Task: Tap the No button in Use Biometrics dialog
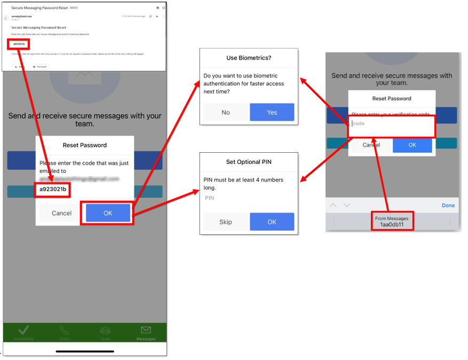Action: (x=226, y=113)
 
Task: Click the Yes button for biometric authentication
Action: (x=272, y=113)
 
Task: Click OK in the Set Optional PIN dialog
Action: (x=272, y=222)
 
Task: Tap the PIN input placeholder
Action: (x=210, y=198)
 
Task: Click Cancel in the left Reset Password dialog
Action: (x=61, y=213)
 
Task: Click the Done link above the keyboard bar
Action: (x=448, y=205)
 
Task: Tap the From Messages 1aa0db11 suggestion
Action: (x=392, y=222)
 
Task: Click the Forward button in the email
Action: (x=39, y=67)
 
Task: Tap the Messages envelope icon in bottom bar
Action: (x=146, y=330)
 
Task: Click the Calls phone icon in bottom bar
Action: (x=65, y=330)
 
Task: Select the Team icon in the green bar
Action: (x=105, y=330)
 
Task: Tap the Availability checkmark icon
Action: (x=23, y=330)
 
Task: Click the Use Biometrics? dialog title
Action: (x=248, y=58)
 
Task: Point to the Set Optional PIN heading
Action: (x=249, y=162)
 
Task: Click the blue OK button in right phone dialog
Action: (x=412, y=145)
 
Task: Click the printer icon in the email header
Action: (x=157, y=8)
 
